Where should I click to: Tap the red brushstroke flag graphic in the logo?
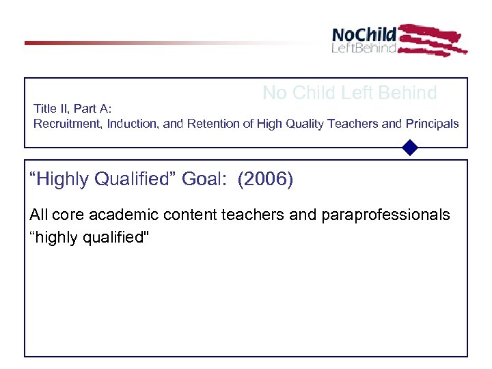(x=431, y=40)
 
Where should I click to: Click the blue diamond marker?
(x=410, y=148)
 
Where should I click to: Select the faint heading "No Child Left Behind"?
(x=350, y=94)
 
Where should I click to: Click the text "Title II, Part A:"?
(x=72, y=109)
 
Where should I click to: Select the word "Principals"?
(x=434, y=124)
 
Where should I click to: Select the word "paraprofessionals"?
(x=383, y=215)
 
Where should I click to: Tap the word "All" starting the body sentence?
(x=38, y=215)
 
